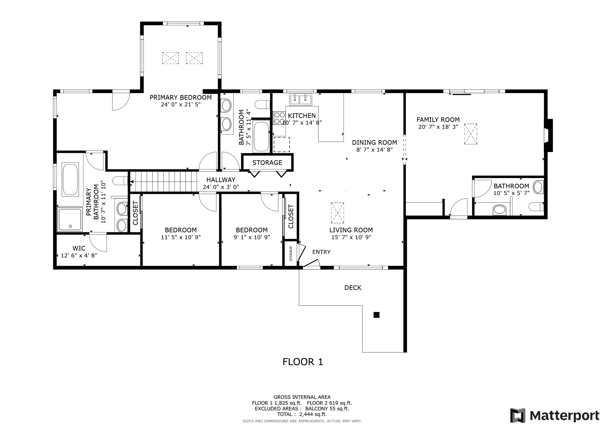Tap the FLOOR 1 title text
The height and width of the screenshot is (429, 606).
pos(303,362)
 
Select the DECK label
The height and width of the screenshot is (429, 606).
pos(353,288)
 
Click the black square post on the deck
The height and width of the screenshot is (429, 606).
pos(376,315)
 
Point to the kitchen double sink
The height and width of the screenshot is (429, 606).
pos(301,100)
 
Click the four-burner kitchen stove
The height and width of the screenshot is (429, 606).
pos(279,118)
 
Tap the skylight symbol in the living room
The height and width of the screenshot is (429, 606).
pos(337,213)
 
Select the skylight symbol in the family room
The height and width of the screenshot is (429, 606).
pos(470,134)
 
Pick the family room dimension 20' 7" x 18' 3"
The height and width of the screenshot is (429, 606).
pos(438,127)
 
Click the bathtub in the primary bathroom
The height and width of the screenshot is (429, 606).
pos(70,180)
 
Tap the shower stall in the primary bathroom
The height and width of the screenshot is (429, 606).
pos(70,219)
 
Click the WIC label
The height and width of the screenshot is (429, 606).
pos(79,248)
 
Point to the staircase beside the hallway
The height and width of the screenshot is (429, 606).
pos(164,182)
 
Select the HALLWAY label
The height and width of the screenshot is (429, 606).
pos(221,180)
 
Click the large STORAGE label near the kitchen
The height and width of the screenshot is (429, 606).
pos(267,163)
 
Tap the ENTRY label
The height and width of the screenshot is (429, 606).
pos(321,252)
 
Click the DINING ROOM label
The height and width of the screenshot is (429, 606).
pos(374,143)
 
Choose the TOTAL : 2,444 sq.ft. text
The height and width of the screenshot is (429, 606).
pos(302,414)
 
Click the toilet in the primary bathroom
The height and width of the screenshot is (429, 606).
pos(120,181)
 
